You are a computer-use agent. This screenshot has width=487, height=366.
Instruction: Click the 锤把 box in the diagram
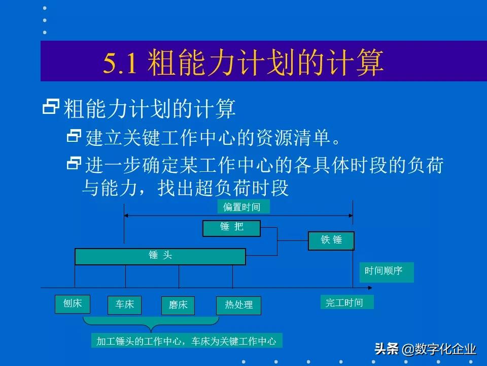coord(231,228)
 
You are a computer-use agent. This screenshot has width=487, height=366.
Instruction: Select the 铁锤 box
coord(331,240)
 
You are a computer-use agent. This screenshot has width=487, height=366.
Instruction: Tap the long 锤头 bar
coord(160,256)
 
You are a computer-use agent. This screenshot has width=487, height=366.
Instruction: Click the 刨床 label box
coord(73,304)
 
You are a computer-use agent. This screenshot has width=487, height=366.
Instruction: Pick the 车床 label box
coord(125,305)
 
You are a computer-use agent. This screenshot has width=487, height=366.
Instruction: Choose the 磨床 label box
coord(178,306)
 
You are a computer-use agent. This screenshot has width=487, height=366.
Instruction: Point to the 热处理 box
coord(238,306)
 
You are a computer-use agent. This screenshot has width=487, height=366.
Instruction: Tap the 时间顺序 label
coord(386,271)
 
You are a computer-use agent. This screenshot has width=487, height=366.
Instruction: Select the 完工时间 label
coord(346,303)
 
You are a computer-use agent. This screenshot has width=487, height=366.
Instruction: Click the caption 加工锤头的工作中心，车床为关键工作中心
coord(186,341)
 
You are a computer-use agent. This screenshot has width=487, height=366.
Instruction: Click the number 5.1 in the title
coord(120,64)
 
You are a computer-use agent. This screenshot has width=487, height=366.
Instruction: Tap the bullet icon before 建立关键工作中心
coord(74,136)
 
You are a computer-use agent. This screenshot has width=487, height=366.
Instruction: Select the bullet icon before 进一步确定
coord(74,163)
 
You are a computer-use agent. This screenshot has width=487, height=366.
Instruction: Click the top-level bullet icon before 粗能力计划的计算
coord(51,106)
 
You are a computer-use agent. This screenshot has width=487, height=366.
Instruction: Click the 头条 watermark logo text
coord(387,349)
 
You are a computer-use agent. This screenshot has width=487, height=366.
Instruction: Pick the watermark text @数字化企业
coord(439,350)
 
